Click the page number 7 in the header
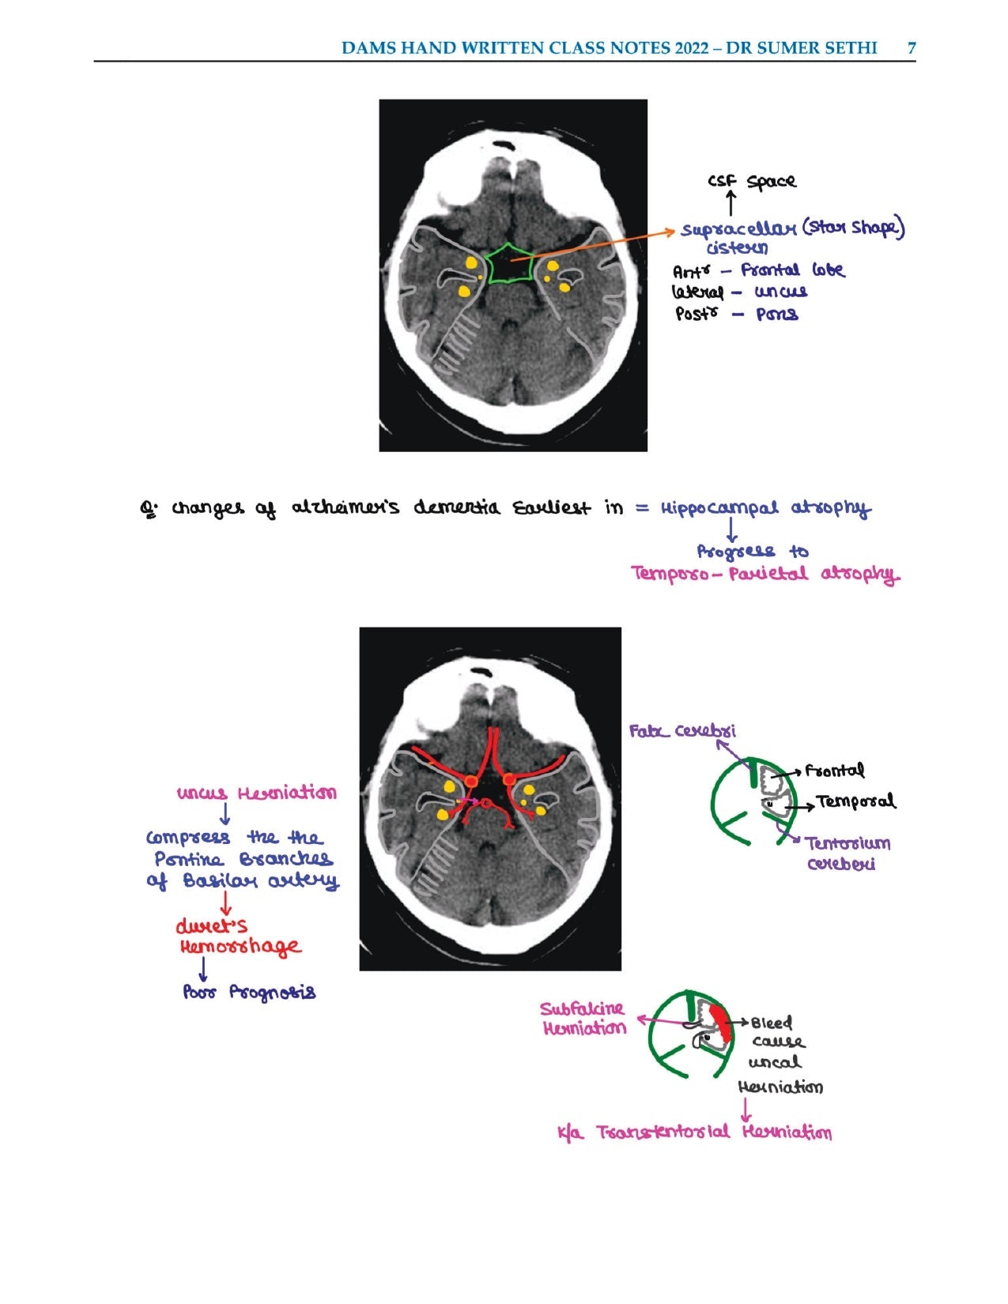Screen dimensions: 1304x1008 (912, 47)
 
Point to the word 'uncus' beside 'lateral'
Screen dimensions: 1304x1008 (781, 292)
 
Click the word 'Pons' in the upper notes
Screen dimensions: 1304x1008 (777, 315)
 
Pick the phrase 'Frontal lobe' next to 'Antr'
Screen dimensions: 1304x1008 (792, 270)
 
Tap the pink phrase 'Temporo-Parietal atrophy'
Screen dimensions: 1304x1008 (765, 574)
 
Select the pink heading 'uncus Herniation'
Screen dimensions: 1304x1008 (256, 793)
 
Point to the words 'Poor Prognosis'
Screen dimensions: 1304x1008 (249, 992)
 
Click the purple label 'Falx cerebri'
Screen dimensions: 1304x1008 (682, 732)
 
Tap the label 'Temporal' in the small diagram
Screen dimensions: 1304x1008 (856, 802)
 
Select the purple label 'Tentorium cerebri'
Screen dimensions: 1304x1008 (848, 853)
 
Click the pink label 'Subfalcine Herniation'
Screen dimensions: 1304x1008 (583, 1019)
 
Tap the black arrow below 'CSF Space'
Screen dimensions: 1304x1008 (731, 203)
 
